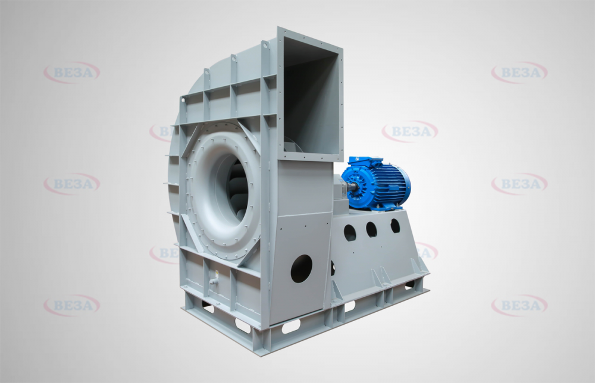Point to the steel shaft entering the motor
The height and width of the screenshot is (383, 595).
pyautogui.click(x=352, y=186)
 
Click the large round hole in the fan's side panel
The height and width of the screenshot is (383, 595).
pyautogui.click(x=301, y=268)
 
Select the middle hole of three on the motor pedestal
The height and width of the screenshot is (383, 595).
pyautogui.click(x=371, y=230)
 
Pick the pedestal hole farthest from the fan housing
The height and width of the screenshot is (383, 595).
pyautogui.click(x=395, y=225)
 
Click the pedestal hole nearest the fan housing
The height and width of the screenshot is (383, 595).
pyautogui.click(x=349, y=233)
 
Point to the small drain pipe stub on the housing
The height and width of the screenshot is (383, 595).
pyautogui.click(x=213, y=282)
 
